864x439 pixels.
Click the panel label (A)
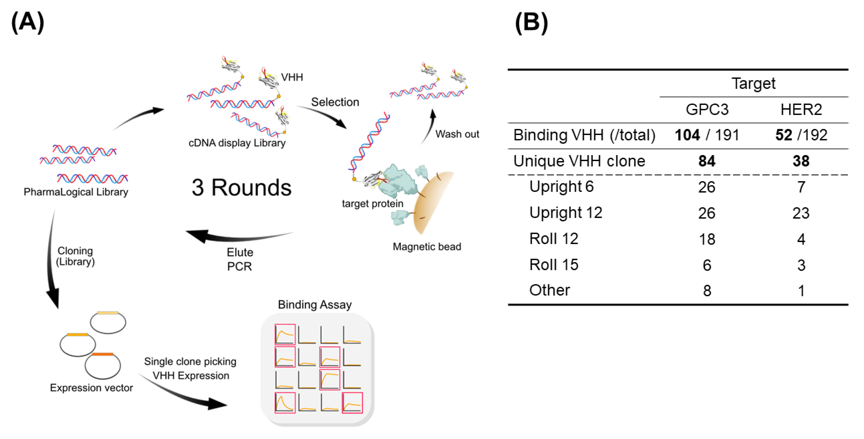click(28, 22)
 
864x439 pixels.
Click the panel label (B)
click(532, 22)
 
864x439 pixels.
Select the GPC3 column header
click(707, 109)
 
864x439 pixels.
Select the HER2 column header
click(801, 109)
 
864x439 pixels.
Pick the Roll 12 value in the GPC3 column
click(707, 239)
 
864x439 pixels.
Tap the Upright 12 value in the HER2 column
click(801, 213)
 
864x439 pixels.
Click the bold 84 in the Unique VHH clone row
click(707, 161)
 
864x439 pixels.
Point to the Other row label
click(549, 290)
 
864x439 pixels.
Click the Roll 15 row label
click(554, 265)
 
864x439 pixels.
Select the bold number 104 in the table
click(687, 135)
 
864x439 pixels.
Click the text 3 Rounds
click(241, 187)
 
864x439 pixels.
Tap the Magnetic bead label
click(427, 247)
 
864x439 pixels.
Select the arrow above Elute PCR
click(235, 236)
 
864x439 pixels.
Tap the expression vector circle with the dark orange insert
click(103, 366)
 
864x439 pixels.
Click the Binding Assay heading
click(315, 305)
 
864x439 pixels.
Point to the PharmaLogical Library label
click(76, 192)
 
